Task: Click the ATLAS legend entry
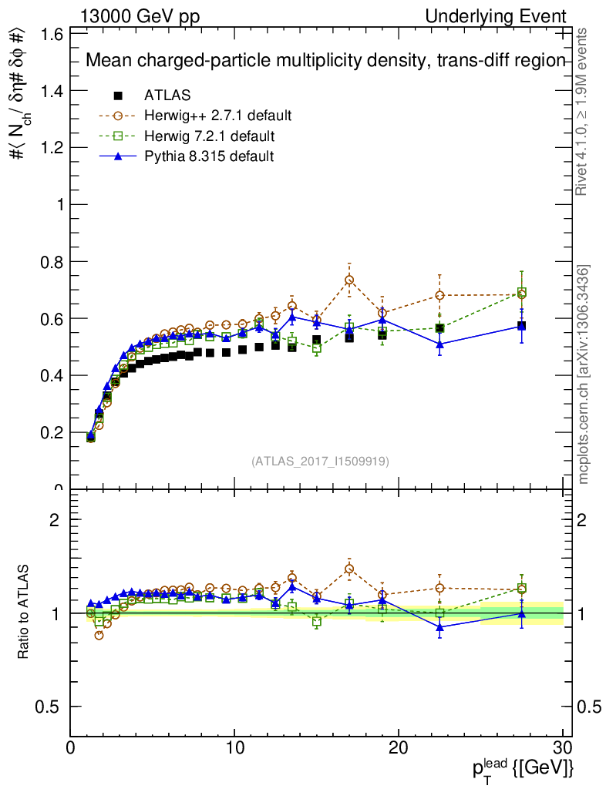tap(167, 96)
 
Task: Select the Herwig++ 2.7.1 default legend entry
tap(217, 116)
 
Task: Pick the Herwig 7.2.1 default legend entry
tap(209, 136)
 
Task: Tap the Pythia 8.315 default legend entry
tap(208, 156)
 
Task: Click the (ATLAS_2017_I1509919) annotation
tap(320, 462)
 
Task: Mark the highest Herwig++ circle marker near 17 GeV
tap(349, 280)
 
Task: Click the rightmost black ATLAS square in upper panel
tap(522, 325)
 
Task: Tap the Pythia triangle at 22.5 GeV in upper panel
tap(440, 344)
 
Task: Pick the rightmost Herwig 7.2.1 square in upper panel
tap(522, 293)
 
